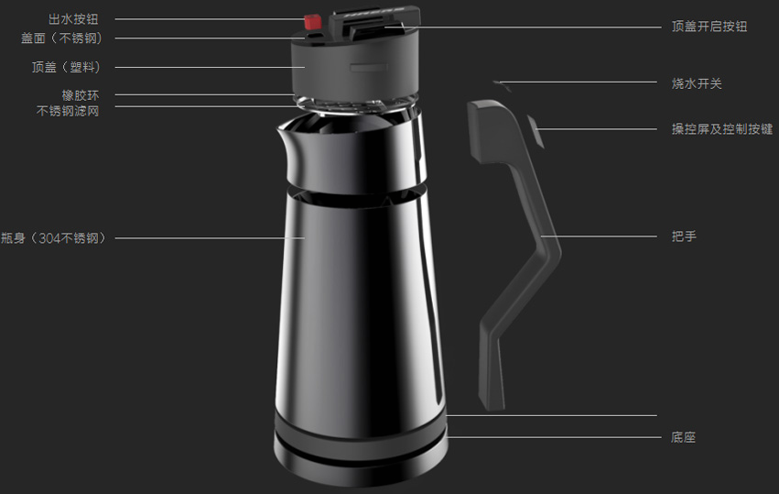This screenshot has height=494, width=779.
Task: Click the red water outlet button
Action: pos(311,22)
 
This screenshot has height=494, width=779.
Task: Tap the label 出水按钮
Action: pos(73,19)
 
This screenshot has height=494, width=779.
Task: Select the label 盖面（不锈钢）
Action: pos(61,38)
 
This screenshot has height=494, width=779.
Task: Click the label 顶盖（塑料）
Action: pos(67,67)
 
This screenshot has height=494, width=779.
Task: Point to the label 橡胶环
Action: pos(80,95)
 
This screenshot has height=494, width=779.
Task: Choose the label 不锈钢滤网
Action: pos(68,111)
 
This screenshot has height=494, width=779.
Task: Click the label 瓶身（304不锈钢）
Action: pos(54,238)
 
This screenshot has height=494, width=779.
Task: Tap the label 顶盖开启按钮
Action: pos(709,27)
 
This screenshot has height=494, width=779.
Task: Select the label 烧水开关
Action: pos(697,83)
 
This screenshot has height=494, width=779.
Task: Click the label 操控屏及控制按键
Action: pos(722,129)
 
